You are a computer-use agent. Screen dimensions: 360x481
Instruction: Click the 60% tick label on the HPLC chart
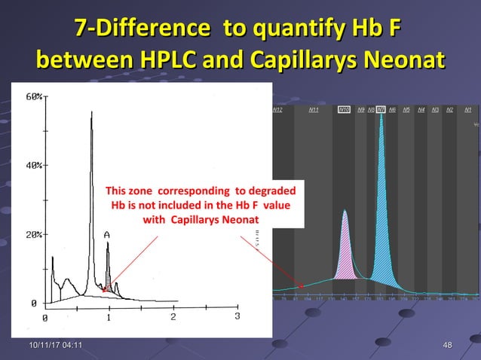click(35, 97)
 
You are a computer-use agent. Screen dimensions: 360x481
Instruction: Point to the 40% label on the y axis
click(35, 166)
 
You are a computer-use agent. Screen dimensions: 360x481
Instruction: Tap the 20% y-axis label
click(35, 235)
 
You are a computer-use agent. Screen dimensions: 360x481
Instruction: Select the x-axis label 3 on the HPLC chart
click(237, 317)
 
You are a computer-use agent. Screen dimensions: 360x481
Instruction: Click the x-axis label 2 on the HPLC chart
click(173, 317)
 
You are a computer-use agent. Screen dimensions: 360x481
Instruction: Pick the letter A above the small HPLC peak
click(107, 235)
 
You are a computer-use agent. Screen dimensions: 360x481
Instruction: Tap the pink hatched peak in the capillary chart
click(345, 252)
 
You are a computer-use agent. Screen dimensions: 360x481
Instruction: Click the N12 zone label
click(277, 110)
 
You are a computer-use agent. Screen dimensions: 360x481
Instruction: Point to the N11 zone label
click(314, 110)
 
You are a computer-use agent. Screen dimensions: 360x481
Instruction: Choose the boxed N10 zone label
click(344, 110)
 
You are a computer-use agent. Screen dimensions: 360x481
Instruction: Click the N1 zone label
click(468, 110)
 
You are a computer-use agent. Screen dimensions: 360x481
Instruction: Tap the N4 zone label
click(421, 110)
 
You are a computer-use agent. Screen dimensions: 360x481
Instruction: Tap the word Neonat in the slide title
click(397, 59)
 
